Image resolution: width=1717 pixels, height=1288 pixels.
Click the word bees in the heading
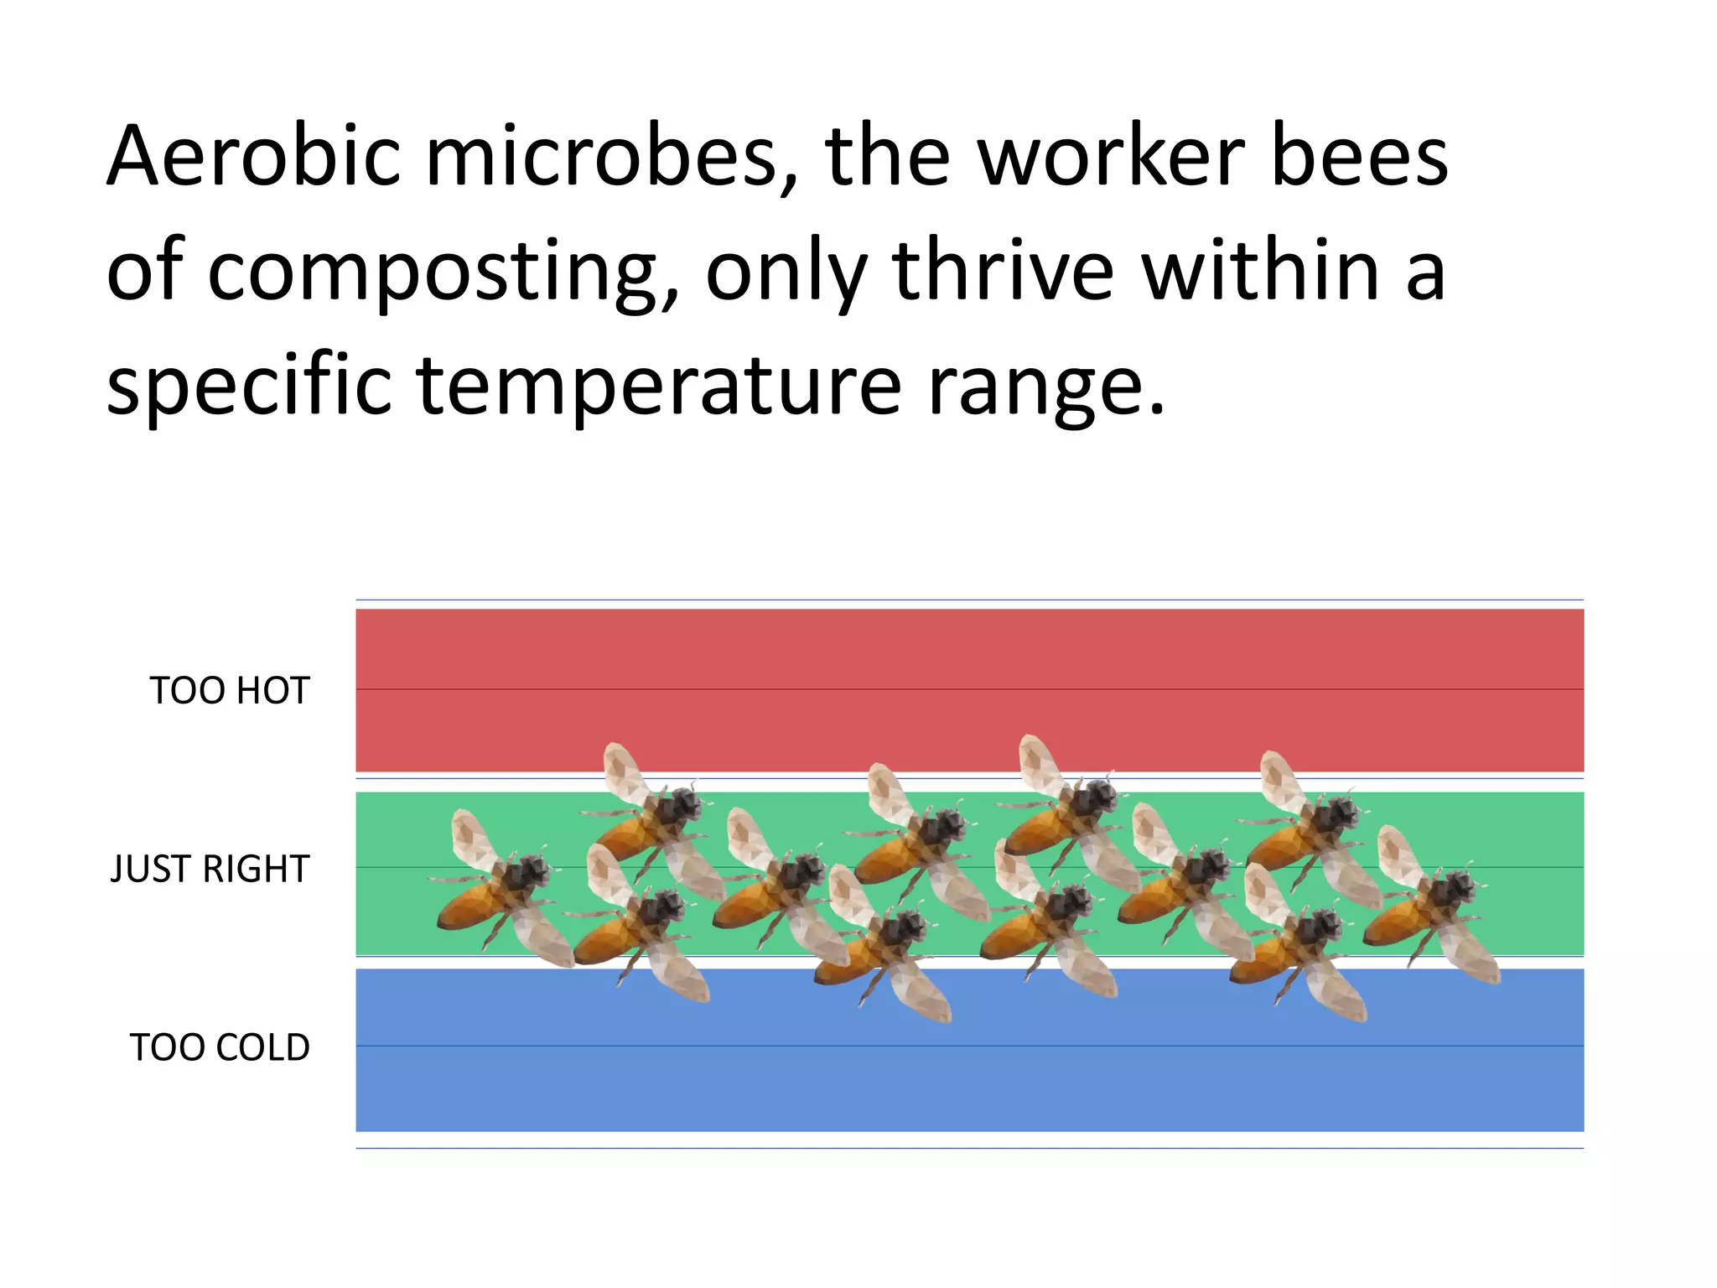point(1360,156)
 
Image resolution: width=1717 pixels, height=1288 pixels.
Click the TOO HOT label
point(230,691)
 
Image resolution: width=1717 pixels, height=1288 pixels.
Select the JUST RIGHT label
point(210,870)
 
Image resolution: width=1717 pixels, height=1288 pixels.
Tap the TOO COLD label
point(220,1048)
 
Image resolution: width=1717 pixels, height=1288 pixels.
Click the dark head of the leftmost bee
point(527,872)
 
